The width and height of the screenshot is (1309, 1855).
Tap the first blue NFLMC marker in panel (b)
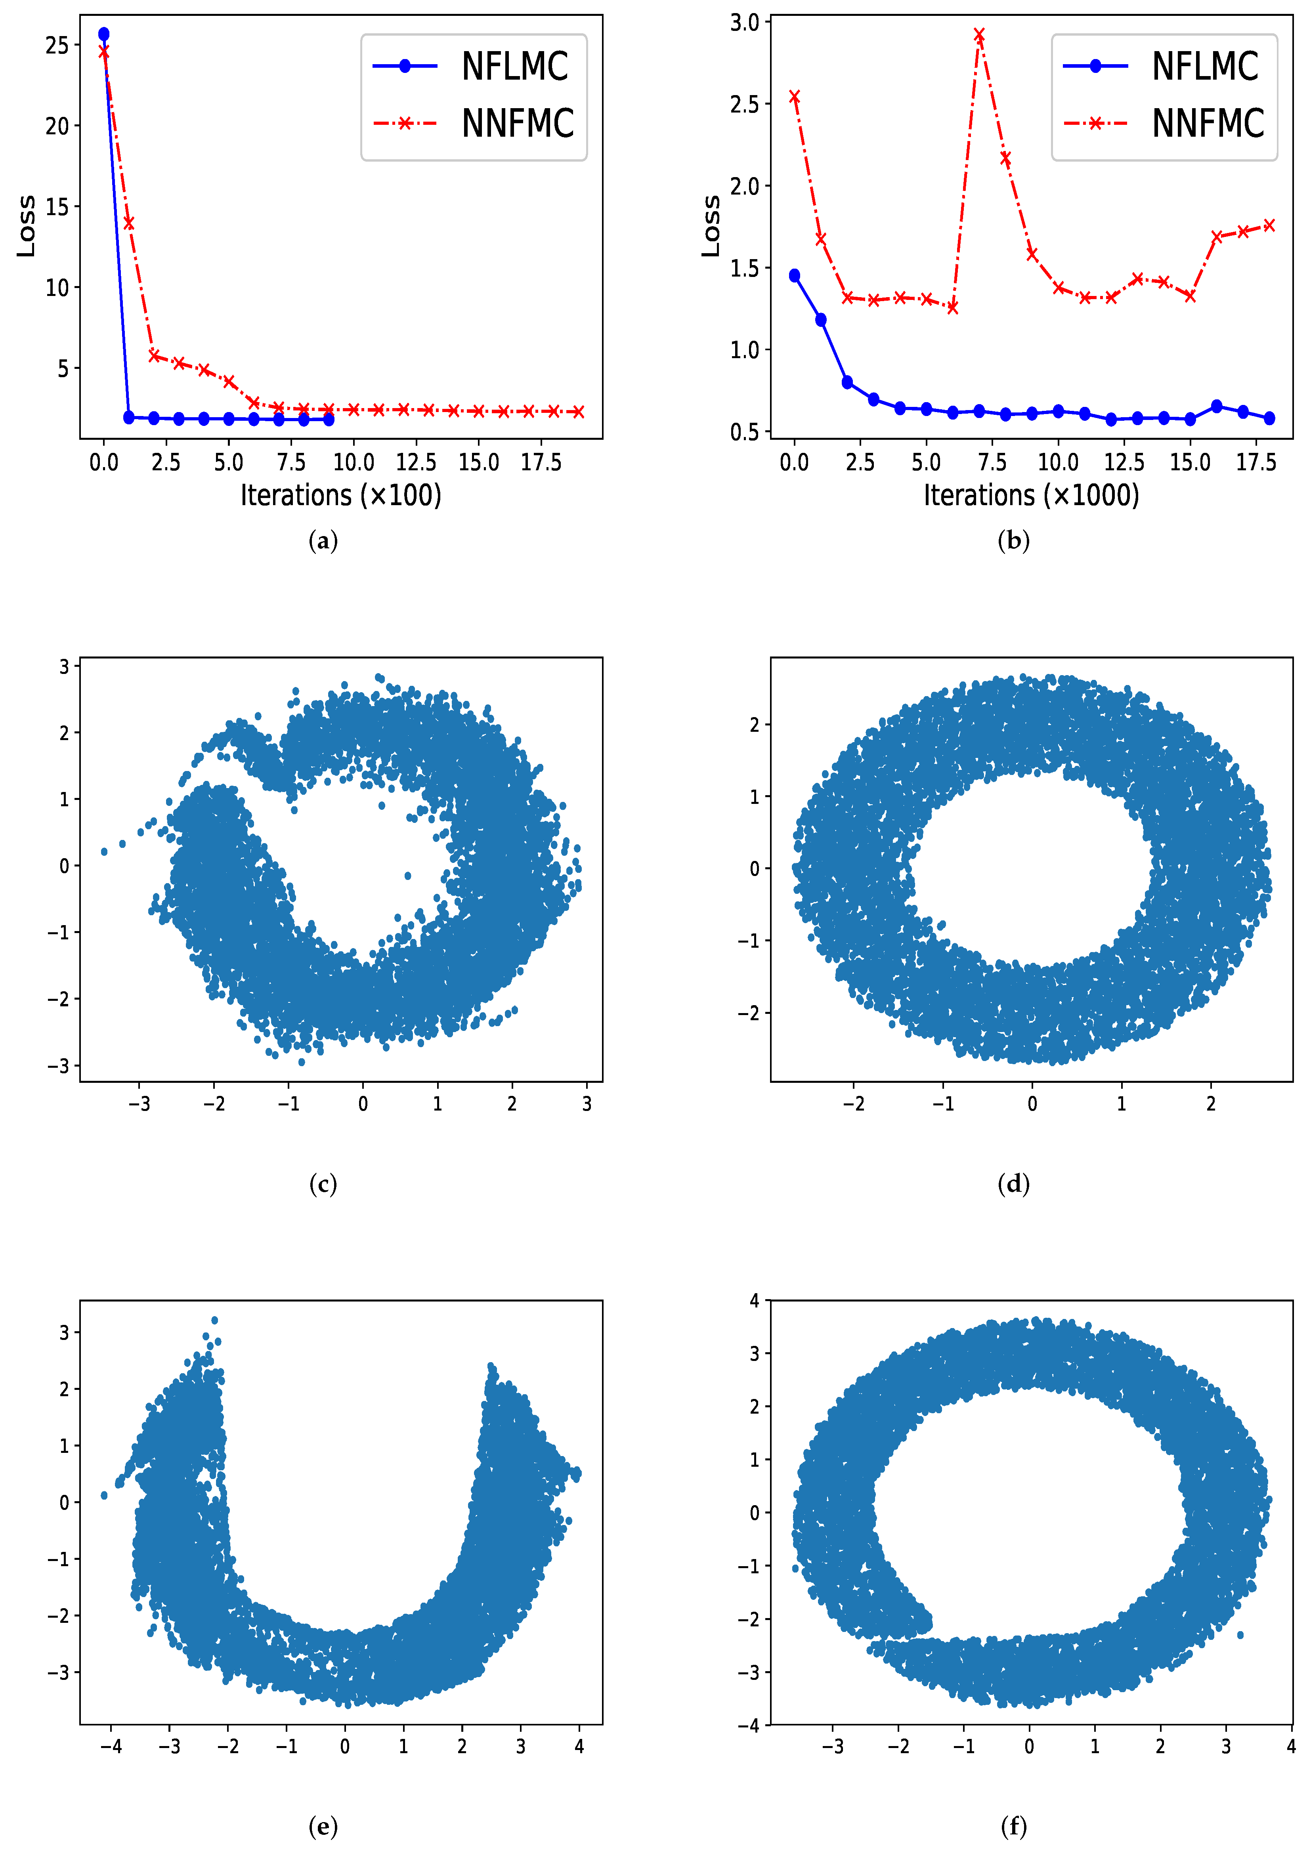pyautogui.click(x=794, y=275)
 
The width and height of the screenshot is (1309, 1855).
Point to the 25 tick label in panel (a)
pyautogui.click(x=57, y=45)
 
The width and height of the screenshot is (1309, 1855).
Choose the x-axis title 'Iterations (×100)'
pyautogui.click(x=341, y=495)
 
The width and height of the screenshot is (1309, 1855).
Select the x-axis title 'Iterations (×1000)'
pyautogui.click(x=1031, y=495)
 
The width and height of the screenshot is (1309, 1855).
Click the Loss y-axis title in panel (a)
pyautogui.click(x=27, y=226)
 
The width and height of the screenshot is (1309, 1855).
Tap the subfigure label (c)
pyautogui.click(x=323, y=1184)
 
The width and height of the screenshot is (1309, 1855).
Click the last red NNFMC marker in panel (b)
pyautogui.click(x=1269, y=225)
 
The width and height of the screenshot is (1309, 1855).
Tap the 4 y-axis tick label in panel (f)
pyautogui.click(x=754, y=1301)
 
